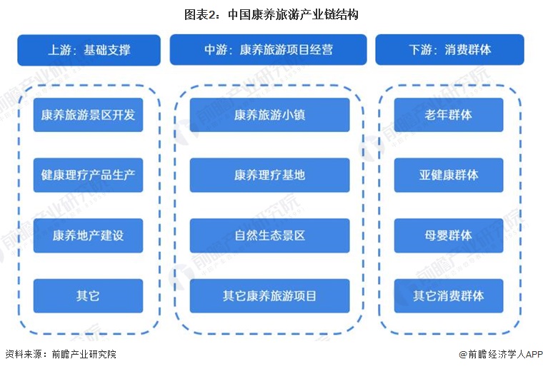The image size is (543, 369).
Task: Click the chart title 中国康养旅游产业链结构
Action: [293, 15]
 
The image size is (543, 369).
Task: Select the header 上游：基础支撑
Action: [89, 50]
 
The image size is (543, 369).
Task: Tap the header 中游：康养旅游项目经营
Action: [268, 49]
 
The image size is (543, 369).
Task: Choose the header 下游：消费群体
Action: [449, 49]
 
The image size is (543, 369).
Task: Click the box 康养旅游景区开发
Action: [88, 115]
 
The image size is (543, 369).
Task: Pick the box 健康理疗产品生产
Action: [88, 175]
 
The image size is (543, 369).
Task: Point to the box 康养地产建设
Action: [88, 236]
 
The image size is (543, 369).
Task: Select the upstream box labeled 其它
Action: [88, 296]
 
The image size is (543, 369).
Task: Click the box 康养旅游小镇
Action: [269, 115]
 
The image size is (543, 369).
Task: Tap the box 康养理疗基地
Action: [269, 175]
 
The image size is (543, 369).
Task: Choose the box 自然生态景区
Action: [269, 236]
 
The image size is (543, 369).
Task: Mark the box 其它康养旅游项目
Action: [269, 296]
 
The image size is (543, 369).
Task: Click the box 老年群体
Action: [449, 115]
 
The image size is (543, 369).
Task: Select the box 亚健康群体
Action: [449, 175]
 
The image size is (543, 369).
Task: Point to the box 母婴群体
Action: [449, 236]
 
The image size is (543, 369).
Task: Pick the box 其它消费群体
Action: [449, 296]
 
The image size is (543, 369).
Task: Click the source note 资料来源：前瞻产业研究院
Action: [61, 354]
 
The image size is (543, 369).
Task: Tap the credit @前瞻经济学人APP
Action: [500, 354]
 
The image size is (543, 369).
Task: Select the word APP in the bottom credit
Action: [534, 355]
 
